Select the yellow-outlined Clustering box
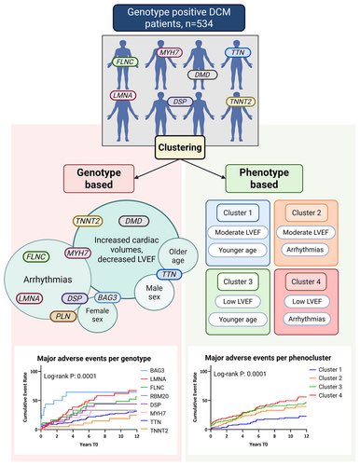tap(180, 147)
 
